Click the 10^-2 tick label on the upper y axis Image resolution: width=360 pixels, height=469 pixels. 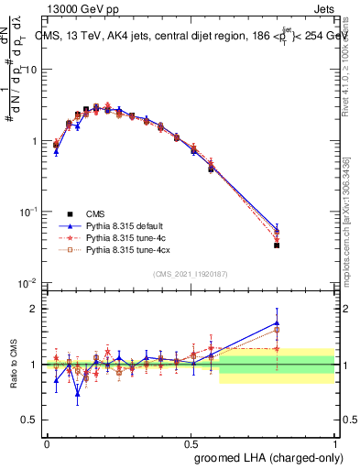(x=27, y=282)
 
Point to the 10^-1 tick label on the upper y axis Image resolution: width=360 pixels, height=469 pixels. (x=27, y=212)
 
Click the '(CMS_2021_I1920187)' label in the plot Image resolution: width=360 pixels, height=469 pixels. (x=190, y=274)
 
